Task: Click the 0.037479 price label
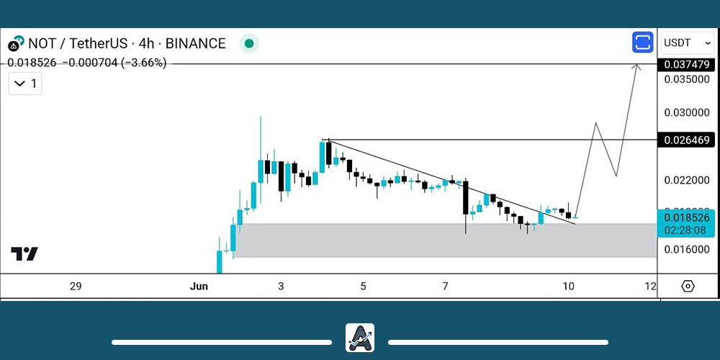tap(687, 65)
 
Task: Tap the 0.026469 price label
tap(687, 139)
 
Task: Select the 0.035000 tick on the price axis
tap(687, 79)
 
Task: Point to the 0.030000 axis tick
tap(687, 113)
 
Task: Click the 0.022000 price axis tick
tap(687, 179)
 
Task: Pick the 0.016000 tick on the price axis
tap(687, 249)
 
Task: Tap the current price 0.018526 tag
tap(687, 217)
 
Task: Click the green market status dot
tap(249, 44)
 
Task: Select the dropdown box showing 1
tap(25, 84)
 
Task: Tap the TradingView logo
tap(24, 253)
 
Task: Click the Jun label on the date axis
tap(199, 287)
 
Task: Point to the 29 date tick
tap(76, 287)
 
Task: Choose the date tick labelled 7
tap(445, 287)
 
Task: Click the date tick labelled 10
tap(568, 287)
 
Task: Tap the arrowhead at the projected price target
tap(636, 67)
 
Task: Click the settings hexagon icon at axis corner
tap(688, 287)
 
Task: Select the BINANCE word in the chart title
tap(194, 43)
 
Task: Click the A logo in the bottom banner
tap(360, 338)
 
